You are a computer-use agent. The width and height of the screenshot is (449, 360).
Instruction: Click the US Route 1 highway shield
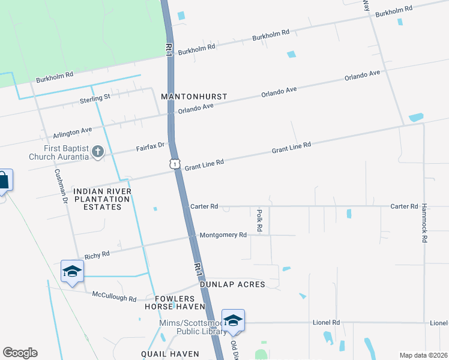(x=174, y=163)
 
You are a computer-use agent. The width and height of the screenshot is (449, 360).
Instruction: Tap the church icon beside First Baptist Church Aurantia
(x=97, y=152)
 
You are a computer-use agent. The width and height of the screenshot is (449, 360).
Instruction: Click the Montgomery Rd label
(x=223, y=235)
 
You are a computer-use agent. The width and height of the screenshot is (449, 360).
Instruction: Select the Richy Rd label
(x=97, y=254)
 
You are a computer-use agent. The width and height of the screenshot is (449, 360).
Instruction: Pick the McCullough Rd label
(x=115, y=296)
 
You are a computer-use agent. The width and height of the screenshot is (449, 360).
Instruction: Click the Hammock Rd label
(x=424, y=229)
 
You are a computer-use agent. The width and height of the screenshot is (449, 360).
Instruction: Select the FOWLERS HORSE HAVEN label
(x=175, y=302)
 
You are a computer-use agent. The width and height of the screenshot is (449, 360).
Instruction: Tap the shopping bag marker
(x=4, y=179)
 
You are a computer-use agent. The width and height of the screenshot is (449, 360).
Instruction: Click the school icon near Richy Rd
(x=72, y=271)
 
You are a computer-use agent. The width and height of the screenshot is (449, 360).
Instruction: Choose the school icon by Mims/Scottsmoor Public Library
(x=233, y=319)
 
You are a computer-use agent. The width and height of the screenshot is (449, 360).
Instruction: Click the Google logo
(x=20, y=353)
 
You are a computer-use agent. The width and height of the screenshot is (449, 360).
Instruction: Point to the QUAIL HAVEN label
(x=170, y=354)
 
